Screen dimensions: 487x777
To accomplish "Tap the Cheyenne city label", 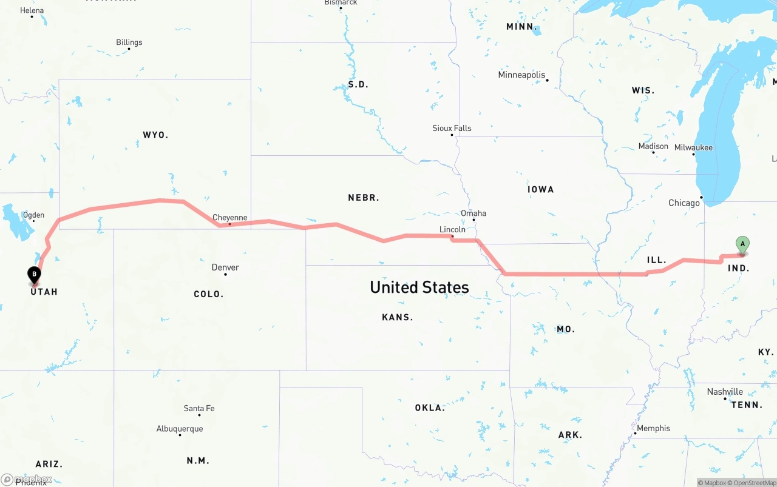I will [x=229, y=218].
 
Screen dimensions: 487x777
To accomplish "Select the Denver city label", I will [x=225, y=267].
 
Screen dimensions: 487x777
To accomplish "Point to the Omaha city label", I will [x=473, y=213].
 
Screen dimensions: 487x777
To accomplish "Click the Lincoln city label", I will [x=452, y=229].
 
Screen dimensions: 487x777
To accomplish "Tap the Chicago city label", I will [x=684, y=203].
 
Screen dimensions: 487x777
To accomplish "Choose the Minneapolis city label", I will [x=521, y=75].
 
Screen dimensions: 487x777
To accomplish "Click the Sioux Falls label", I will [x=452, y=128].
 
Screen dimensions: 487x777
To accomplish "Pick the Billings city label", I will [x=129, y=42].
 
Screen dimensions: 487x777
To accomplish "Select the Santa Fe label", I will [x=199, y=408].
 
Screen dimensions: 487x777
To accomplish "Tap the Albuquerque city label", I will [x=180, y=429].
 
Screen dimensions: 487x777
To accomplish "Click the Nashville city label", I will [x=725, y=392].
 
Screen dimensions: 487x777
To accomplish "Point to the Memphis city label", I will [x=653, y=428].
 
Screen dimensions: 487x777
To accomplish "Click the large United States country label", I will [x=419, y=287].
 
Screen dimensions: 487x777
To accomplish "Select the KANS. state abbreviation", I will [x=398, y=317].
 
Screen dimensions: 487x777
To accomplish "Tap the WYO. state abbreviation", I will [x=155, y=135].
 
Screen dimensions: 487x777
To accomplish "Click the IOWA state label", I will [x=540, y=189].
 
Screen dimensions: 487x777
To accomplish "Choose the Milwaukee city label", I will [x=693, y=147].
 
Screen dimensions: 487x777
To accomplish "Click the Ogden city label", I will [x=33, y=215].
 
